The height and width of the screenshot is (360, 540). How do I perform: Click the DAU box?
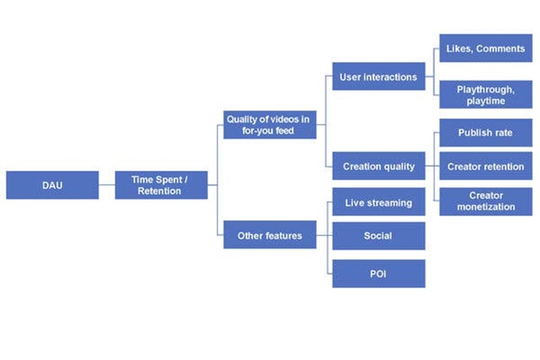[x=52, y=185]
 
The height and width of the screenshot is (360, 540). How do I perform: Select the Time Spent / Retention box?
[x=161, y=185]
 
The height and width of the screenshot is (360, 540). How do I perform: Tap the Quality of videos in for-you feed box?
[x=269, y=125]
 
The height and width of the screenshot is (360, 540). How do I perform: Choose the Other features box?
[x=269, y=236]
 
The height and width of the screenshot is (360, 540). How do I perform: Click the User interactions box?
[x=378, y=77]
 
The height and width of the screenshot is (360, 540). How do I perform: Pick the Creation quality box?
[x=378, y=167]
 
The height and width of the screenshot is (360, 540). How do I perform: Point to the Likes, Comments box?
[x=485, y=48]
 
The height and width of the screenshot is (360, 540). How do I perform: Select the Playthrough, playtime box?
[x=485, y=95]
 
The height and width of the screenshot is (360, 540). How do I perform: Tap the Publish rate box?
[x=485, y=133]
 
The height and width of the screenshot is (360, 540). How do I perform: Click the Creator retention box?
[x=485, y=167]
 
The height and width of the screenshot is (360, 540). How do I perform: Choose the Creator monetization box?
[x=485, y=201]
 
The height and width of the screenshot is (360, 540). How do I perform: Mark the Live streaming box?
[x=378, y=203]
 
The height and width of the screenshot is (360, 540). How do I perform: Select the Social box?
[x=378, y=236]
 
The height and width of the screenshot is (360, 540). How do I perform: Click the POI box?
[x=378, y=273]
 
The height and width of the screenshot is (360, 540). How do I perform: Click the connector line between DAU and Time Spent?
[x=107, y=185]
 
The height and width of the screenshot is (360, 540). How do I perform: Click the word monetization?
[x=486, y=207]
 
